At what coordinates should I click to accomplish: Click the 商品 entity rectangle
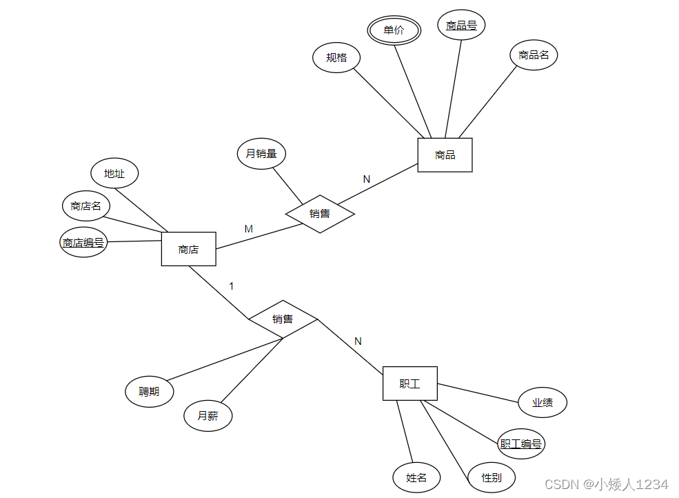point(445,155)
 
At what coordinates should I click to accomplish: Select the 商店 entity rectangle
point(188,249)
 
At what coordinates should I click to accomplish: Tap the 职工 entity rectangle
point(409,384)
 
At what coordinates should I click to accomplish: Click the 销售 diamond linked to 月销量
point(320,214)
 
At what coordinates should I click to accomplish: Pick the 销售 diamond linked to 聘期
point(283,319)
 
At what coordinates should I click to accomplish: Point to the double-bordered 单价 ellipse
point(394,30)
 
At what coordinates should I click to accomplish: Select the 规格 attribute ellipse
point(336,57)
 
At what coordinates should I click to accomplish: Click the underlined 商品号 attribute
point(461,26)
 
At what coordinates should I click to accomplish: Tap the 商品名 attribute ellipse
point(534,54)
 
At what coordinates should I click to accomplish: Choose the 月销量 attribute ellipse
point(261,153)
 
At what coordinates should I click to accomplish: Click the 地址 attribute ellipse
point(114,173)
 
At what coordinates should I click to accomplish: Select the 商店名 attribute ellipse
point(85,206)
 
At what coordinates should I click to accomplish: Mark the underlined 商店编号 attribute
point(83,242)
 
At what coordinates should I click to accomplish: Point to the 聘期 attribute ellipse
point(149,391)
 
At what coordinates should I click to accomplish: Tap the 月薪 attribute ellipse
point(207,416)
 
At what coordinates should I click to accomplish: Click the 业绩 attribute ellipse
point(542,403)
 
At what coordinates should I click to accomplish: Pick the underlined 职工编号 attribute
point(521,444)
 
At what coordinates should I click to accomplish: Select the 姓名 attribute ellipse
point(416,477)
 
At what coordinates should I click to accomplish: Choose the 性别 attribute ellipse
point(491,477)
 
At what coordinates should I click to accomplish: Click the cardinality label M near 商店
point(249,229)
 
